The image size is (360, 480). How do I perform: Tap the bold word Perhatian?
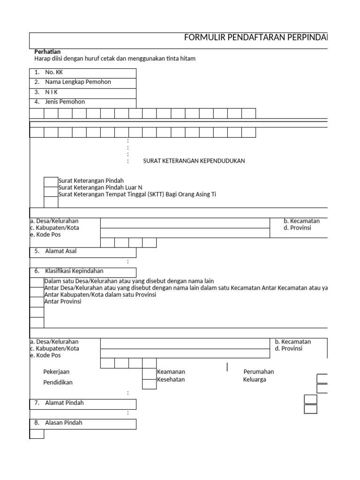[47, 52]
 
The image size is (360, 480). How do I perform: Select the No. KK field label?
[53, 73]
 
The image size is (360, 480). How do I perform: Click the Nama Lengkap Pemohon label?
[78, 82]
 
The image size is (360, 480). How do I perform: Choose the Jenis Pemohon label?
[65, 102]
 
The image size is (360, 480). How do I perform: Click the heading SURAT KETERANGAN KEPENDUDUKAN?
[194, 161]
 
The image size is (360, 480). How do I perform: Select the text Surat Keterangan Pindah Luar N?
[100, 187]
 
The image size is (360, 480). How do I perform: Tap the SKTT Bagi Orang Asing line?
[137, 194]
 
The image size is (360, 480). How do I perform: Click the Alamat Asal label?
[60, 251]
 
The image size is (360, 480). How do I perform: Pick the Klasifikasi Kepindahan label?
[74, 271]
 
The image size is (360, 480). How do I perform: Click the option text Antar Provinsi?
[62, 301]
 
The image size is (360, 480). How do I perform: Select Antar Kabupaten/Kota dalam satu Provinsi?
[100, 295]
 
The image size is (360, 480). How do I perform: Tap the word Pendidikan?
[58, 382]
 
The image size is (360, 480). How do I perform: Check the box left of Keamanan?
[149, 373]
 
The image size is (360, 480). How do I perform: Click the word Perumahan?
[258, 372]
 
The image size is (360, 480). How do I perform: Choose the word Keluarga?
[254, 379]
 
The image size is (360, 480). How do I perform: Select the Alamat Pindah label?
[64, 403]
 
